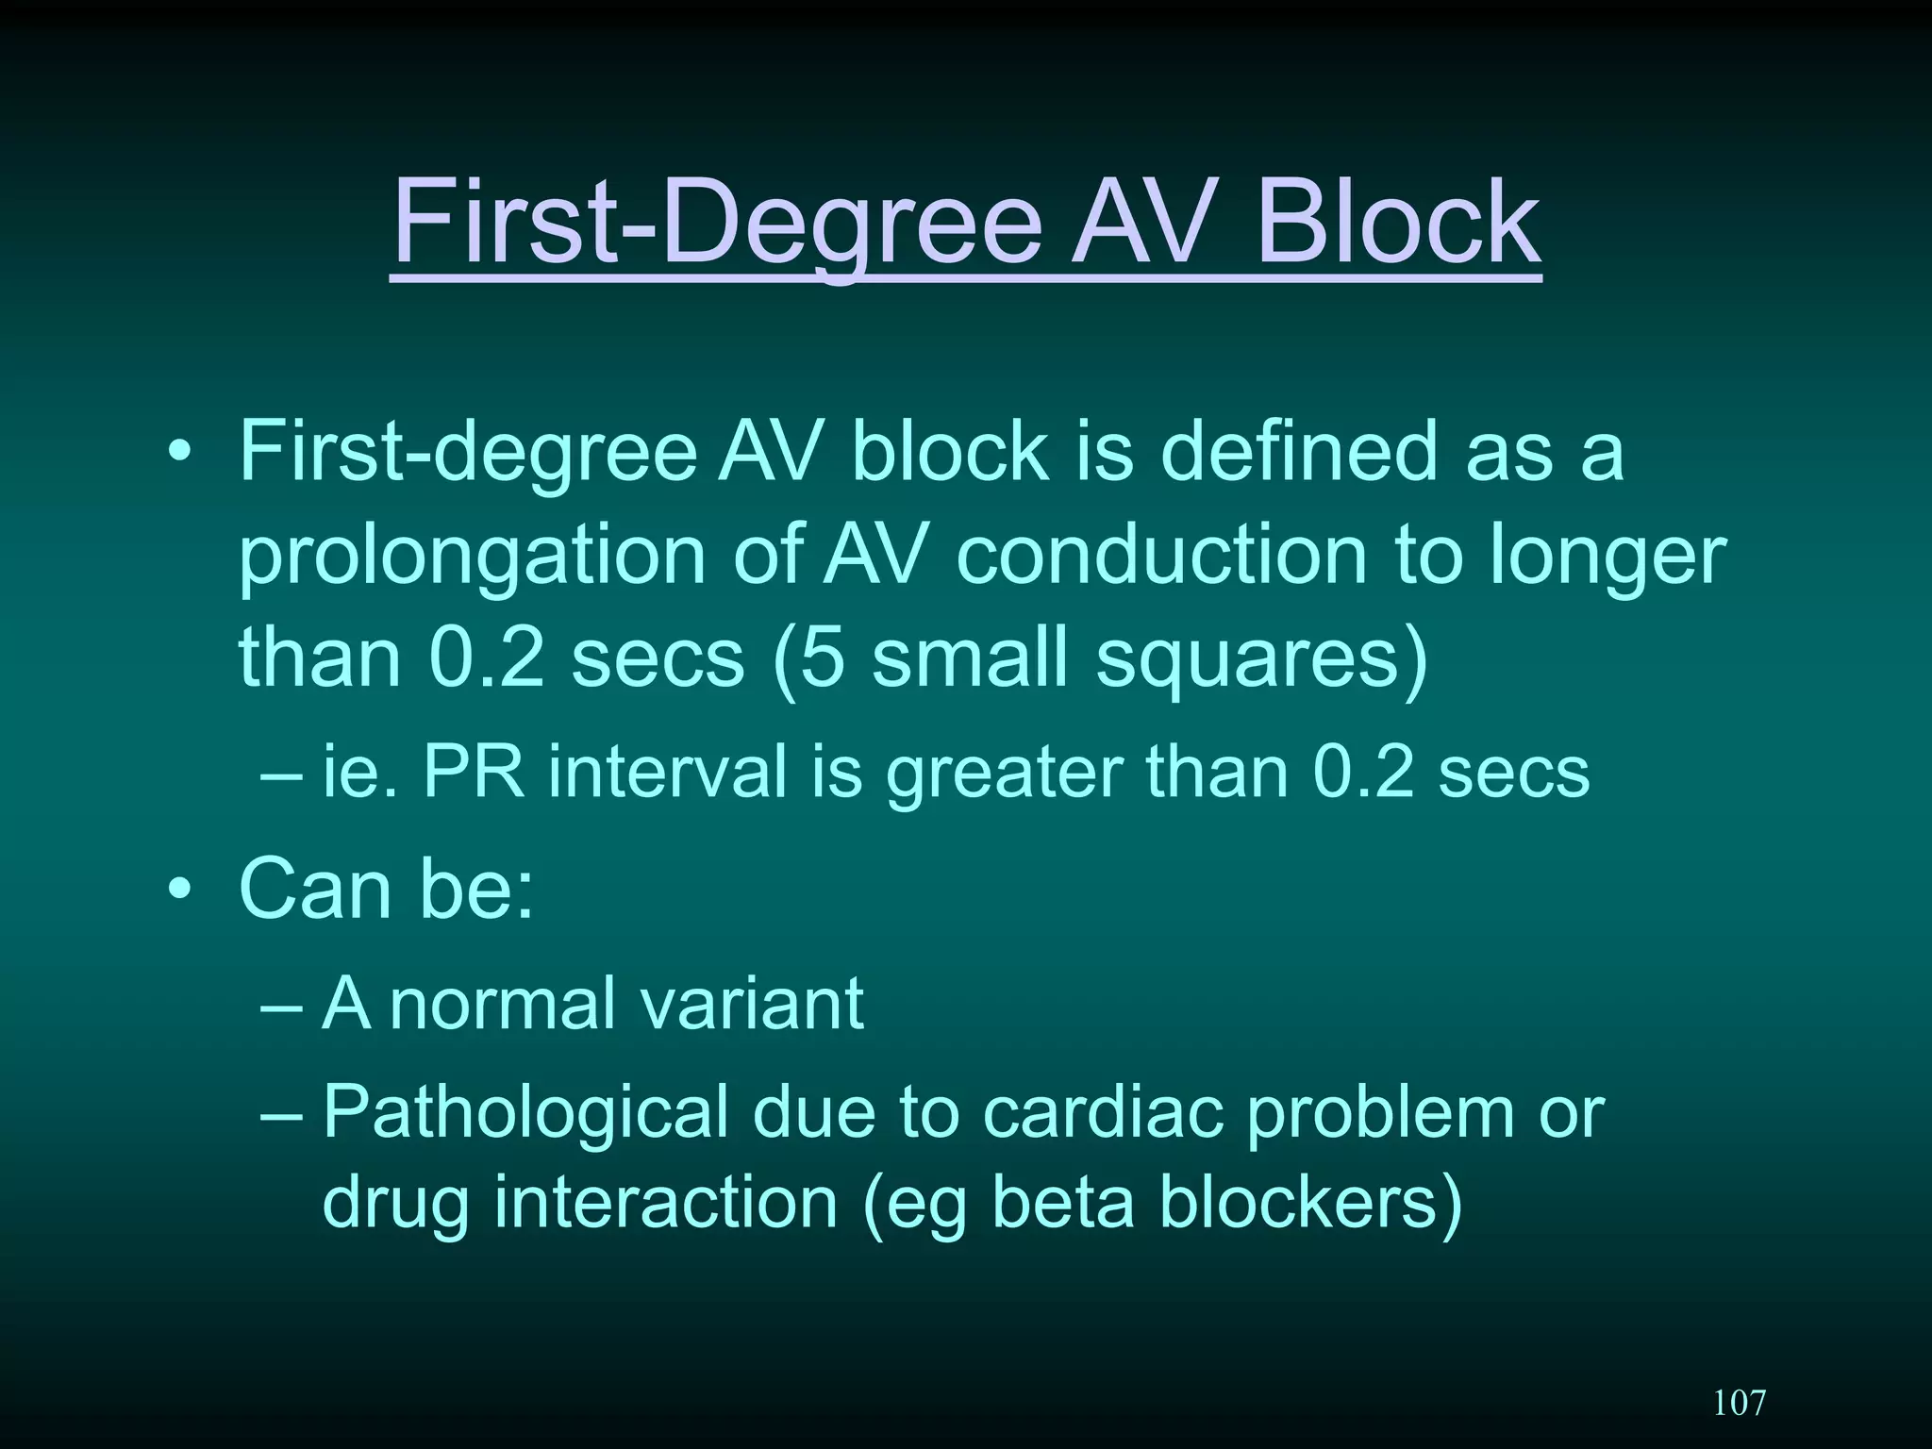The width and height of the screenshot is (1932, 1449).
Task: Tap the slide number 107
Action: tap(1739, 1403)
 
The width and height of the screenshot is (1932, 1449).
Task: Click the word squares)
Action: tap(1262, 658)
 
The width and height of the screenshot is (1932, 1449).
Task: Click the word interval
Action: tap(667, 772)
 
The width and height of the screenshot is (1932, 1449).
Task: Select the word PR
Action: tap(473, 772)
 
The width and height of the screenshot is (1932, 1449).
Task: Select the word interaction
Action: tap(665, 1203)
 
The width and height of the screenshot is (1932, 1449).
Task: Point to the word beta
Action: tap(1063, 1203)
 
